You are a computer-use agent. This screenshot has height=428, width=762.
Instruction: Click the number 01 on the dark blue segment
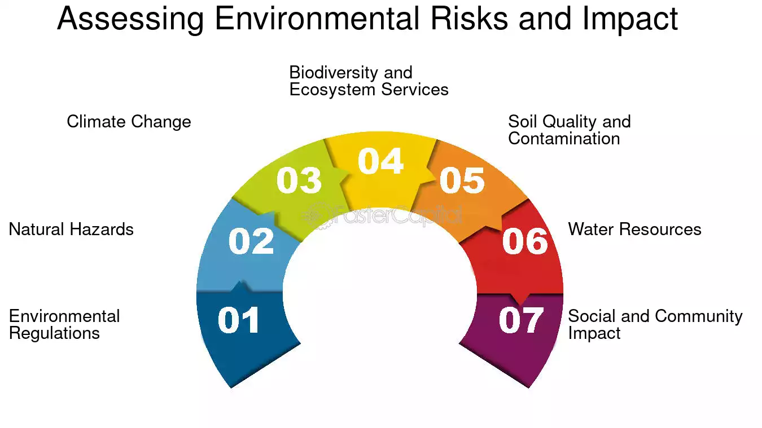(x=238, y=320)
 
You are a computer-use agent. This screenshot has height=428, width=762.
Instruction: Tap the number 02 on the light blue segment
(x=251, y=241)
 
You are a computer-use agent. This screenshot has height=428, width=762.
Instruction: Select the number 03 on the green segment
(x=299, y=180)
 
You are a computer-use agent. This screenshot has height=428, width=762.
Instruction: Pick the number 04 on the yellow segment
(x=380, y=161)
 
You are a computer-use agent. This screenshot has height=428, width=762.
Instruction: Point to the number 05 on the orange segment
(x=462, y=180)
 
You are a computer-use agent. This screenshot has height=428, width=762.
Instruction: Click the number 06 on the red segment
(x=525, y=241)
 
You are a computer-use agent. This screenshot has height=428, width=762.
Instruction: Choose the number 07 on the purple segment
(x=521, y=320)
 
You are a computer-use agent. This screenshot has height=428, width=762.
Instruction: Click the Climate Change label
(x=129, y=122)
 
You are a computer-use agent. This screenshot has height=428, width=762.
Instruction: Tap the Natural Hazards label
(x=71, y=229)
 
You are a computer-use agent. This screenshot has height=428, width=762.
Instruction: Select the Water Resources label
(x=635, y=229)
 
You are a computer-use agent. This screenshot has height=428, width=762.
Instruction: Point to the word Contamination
(x=564, y=139)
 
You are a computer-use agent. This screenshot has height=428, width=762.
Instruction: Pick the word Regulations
(x=54, y=333)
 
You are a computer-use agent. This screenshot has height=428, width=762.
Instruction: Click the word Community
(x=699, y=317)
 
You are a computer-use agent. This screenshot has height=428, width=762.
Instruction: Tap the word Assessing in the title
(x=130, y=19)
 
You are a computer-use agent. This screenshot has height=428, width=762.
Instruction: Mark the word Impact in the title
(x=630, y=20)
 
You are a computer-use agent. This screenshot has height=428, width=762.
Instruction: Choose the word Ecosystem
(x=332, y=90)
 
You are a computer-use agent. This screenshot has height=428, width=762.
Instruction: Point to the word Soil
(x=523, y=122)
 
